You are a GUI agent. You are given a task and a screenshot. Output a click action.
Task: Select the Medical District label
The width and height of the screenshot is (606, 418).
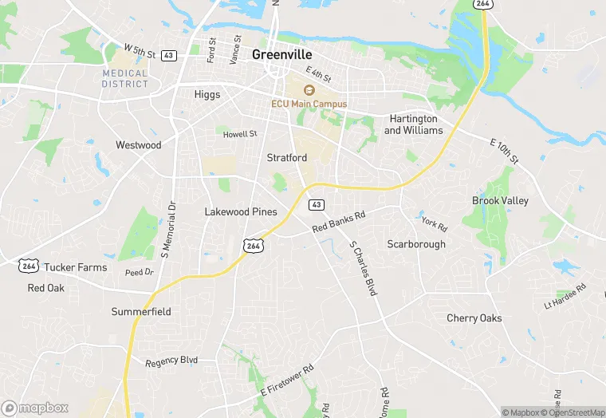click(x=125, y=78)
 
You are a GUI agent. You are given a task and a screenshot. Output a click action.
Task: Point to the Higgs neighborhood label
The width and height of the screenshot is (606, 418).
click(x=207, y=94)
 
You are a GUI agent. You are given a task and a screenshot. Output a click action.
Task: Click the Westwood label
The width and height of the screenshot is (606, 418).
click(x=138, y=145)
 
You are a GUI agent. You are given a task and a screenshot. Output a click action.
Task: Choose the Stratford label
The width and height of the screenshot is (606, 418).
click(x=286, y=158)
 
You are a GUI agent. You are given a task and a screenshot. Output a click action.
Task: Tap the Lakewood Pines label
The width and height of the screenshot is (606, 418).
click(x=241, y=211)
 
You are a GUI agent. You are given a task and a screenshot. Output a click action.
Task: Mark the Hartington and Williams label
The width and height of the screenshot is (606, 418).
click(x=413, y=124)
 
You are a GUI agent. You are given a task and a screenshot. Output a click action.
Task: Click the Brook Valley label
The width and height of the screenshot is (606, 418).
click(x=500, y=201)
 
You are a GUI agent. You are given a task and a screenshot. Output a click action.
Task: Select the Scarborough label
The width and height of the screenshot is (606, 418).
click(x=416, y=244)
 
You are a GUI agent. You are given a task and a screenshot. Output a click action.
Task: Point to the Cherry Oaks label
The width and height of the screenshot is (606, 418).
click(x=474, y=318)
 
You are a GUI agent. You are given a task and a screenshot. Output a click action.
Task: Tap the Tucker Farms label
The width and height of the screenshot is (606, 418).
click(x=75, y=267)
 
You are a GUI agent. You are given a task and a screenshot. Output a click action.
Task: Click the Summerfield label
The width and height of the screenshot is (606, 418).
click(x=141, y=311)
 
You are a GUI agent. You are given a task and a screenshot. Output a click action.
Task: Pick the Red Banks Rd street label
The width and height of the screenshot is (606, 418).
click(x=339, y=222)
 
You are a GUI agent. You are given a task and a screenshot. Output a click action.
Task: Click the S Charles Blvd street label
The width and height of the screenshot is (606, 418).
click(x=363, y=268)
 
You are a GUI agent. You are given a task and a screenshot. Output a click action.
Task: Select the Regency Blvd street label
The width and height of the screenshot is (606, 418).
click(x=171, y=361)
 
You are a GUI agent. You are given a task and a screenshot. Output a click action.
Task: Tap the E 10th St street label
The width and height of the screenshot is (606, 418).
click(x=503, y=148)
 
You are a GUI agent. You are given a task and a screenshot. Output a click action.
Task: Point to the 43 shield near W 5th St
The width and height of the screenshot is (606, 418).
click(x=168, y=55)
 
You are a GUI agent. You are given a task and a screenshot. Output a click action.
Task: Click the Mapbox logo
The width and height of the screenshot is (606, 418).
click(x=35, y=408)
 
